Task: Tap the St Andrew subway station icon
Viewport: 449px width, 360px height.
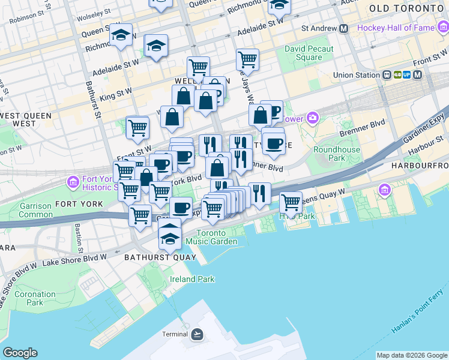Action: coord(344,28)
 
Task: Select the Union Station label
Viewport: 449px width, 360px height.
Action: coord(357,75)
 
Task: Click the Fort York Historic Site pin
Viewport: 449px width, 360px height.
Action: coord(73,181)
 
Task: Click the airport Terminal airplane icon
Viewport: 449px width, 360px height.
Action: coord(197,334)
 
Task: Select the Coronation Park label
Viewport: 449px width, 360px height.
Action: coord(35,298)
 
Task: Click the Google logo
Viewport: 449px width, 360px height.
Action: coord(20,353)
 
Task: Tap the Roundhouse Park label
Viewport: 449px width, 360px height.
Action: coord(337,154)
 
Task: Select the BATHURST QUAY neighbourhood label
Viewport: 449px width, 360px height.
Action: coord(160,257)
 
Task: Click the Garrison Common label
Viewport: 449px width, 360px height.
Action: coord(35,210)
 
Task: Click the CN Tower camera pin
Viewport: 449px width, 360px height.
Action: coord(312,118)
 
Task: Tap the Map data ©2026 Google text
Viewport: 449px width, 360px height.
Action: coord(411,355)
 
